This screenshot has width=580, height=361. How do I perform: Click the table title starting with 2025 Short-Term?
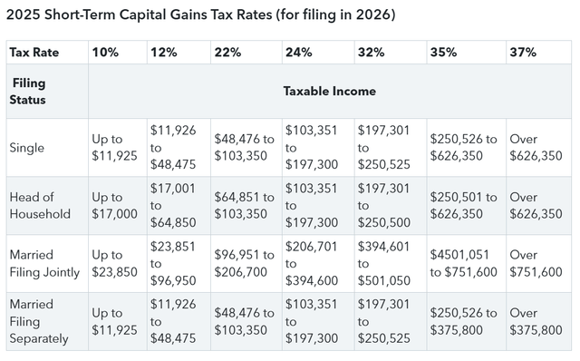tap(200, 15)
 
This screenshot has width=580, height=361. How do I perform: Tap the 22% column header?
tap(227, 53)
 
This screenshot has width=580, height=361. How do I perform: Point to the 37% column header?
tap(523, 53)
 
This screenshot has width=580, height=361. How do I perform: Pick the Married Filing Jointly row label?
tap(43, 262)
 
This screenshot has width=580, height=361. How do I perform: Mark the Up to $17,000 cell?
tap(115, 205)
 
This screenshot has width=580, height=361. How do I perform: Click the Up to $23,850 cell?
tap(115, 262)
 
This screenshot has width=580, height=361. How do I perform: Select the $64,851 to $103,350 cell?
tap(244, 205)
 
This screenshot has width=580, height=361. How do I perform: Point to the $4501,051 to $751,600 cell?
tap(462, 262)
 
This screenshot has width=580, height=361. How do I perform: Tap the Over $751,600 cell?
tap(536, 262)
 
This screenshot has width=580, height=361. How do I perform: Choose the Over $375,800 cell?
tap(536, 321)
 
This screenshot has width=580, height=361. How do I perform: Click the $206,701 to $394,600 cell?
tap(312, 262)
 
